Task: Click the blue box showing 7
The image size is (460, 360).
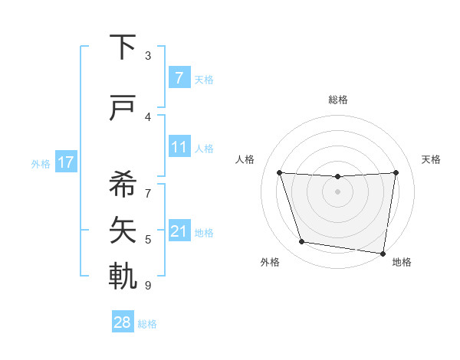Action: (x=179, y=78)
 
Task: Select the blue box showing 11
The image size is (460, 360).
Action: (x=179, y=147)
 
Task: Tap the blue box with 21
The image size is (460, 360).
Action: (x=179, y=231)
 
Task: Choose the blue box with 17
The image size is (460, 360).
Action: (x=66, y=162)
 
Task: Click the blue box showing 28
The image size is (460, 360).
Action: (x=123, y=322)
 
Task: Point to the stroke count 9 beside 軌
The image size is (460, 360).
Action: (x=148, y=286)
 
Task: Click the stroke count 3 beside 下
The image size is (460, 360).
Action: (x=148, y=55)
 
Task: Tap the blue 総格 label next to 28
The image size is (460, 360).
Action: (x=147, y=324)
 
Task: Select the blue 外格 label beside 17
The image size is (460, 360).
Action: (x=41, y=163)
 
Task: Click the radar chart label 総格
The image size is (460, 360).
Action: (x=337, y=100)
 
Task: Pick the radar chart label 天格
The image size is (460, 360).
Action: (x=432, y=159)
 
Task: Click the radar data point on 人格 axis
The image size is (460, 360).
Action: (x=279, y=173)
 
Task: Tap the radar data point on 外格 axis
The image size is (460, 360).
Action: (x=302, y=242)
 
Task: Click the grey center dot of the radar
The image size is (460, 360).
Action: (x=337, y=192)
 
